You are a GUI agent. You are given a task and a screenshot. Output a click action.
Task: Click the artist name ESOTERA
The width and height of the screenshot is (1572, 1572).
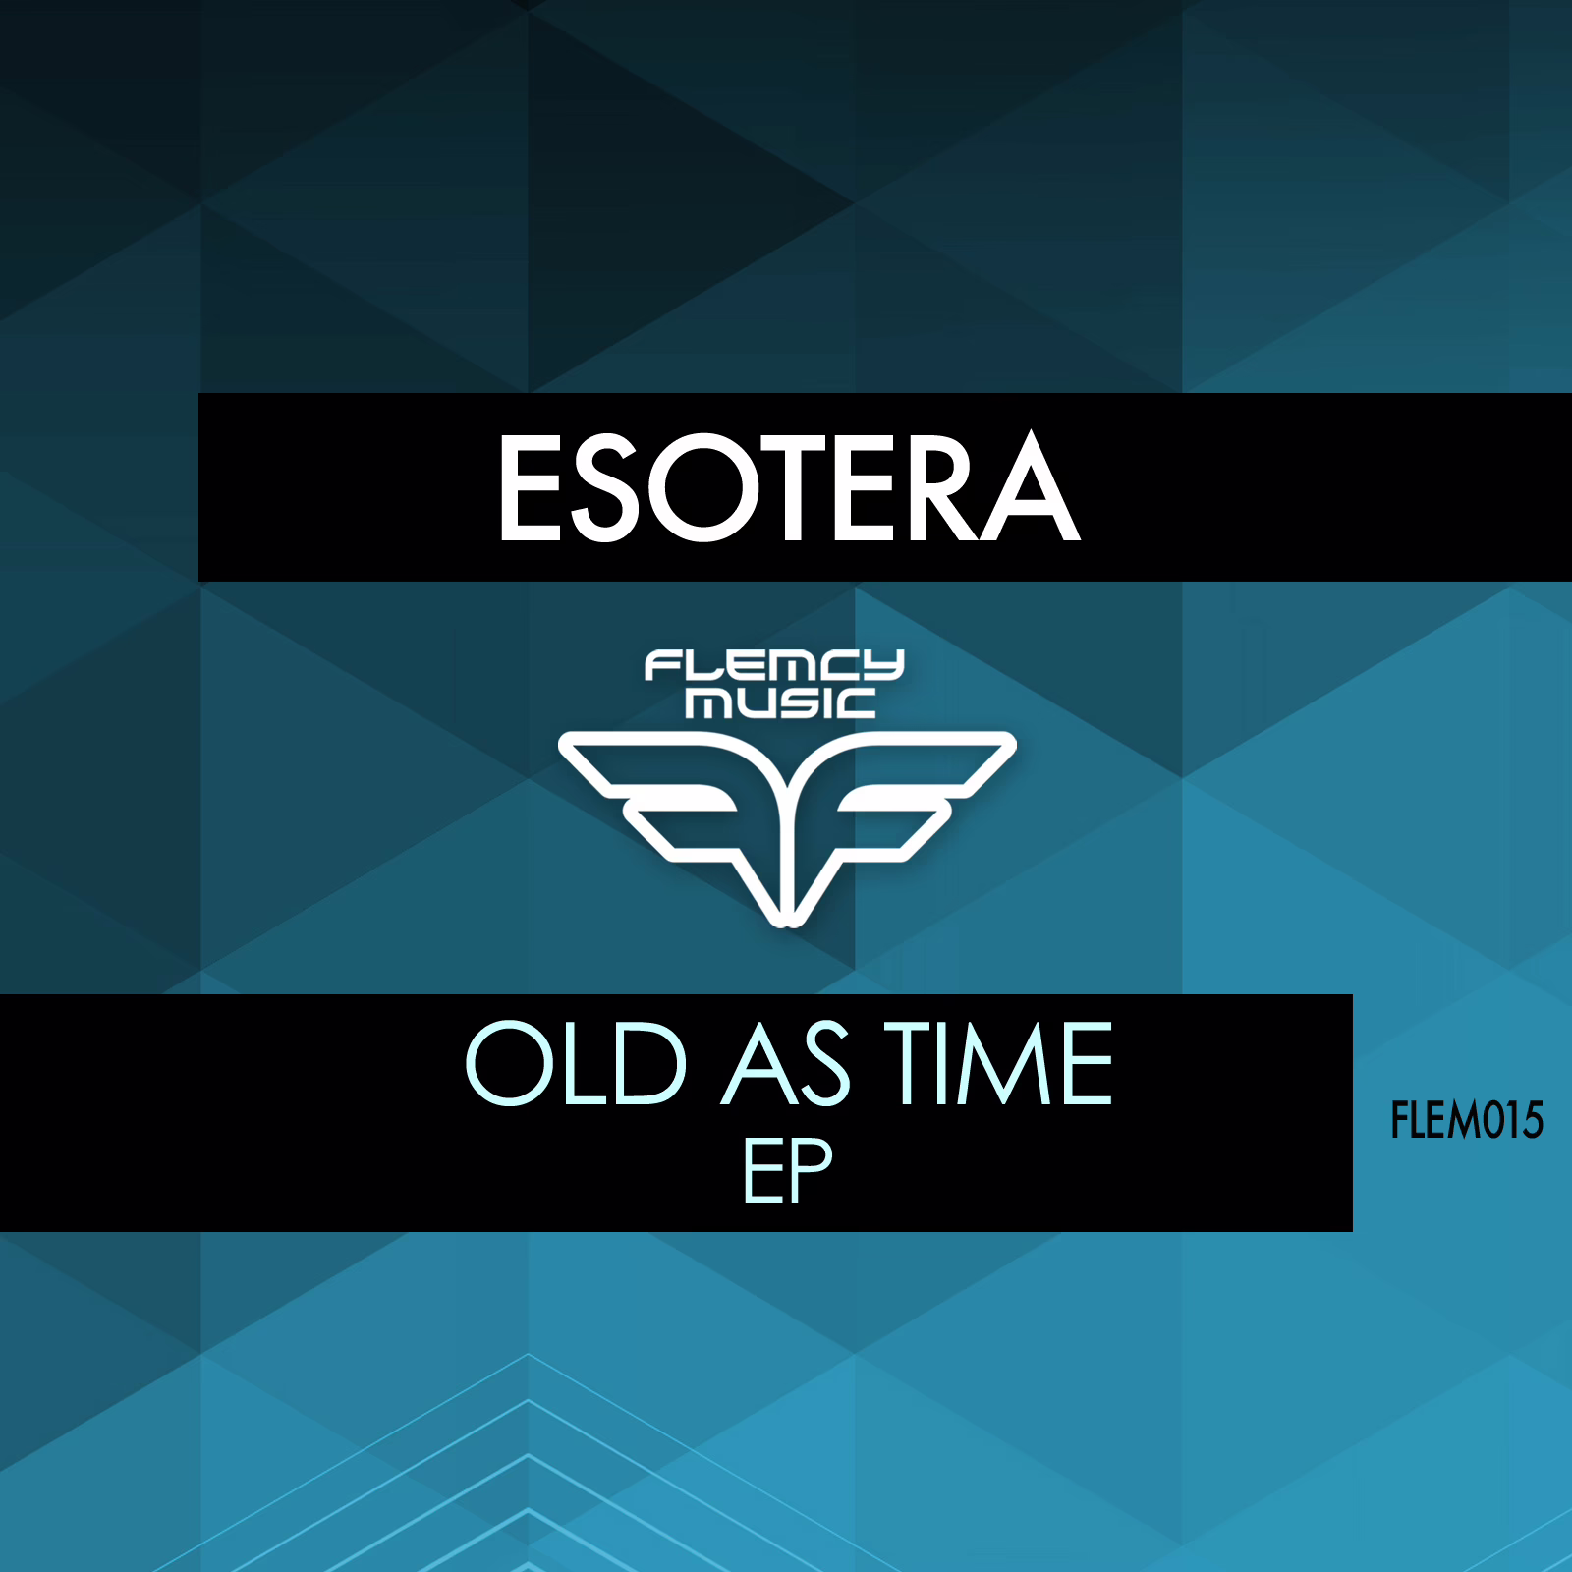(x=790, y=488)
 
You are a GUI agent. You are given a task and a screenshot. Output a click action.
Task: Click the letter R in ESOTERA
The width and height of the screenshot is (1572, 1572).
(x=941, y=488)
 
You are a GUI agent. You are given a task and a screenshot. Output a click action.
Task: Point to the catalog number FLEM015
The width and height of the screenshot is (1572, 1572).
(x=1467, y=1120)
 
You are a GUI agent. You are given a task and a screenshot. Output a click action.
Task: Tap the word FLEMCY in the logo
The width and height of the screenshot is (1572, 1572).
(x=774, y=667)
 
